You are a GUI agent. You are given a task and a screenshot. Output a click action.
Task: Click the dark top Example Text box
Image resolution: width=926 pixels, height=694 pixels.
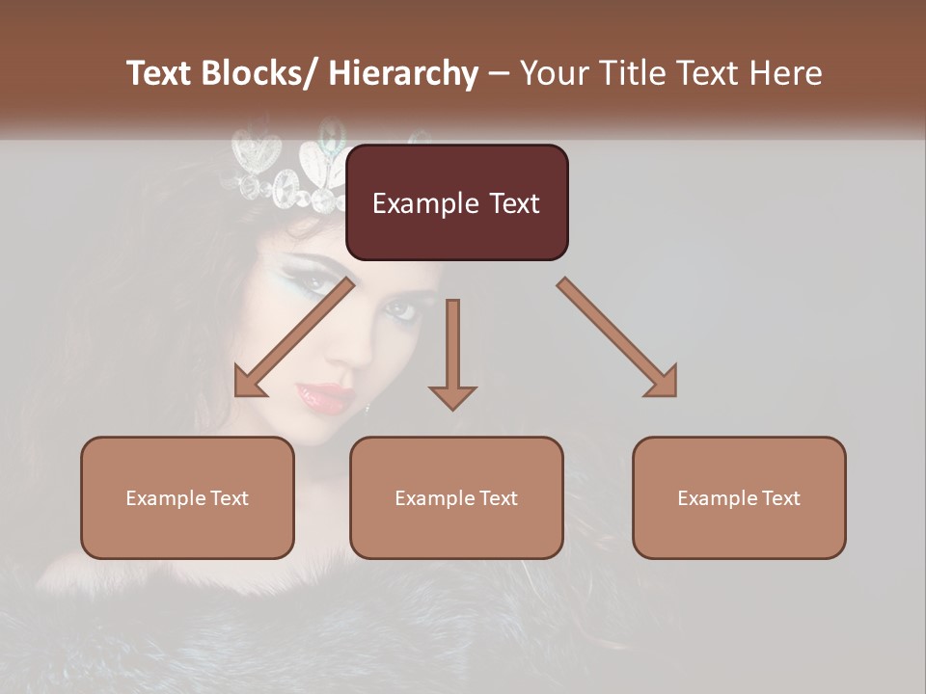(456, 202)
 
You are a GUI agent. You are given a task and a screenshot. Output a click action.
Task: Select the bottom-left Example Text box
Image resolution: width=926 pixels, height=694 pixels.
(187, 497)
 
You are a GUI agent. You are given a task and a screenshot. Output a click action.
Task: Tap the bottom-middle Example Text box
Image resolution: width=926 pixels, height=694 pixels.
(456, 497)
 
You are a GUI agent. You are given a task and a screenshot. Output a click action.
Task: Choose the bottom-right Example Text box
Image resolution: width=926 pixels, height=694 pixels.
(739, 497)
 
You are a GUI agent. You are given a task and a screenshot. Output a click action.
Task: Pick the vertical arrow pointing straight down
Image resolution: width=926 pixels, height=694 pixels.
(452, 352)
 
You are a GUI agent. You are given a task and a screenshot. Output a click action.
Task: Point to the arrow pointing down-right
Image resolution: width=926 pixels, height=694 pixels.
(617, 337)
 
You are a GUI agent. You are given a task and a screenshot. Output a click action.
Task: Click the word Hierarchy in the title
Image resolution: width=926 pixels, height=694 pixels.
(403, 73)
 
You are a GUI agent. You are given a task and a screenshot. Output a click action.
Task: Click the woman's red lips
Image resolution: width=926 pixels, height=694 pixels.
(324, 396)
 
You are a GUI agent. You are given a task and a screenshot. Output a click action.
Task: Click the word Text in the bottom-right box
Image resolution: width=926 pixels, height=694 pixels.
(781, 497)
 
